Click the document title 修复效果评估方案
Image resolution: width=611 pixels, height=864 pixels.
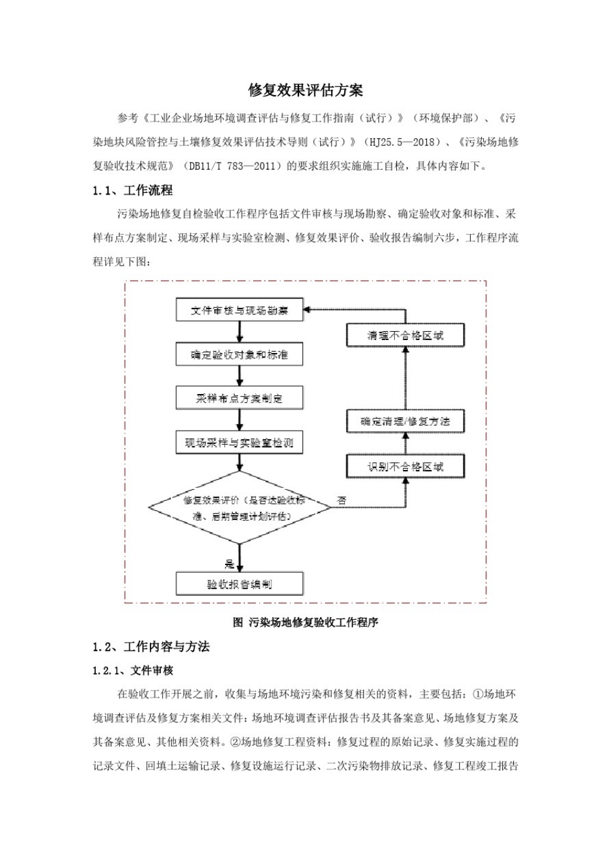305,90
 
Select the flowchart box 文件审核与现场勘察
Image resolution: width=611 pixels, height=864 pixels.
239,310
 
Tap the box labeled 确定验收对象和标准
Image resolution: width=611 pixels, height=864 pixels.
239,355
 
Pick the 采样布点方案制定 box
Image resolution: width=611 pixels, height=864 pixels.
239,399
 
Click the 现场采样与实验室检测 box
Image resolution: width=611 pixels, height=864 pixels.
239,442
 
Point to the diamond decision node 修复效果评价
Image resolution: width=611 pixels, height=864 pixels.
239,508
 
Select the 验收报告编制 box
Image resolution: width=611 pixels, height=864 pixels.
239,584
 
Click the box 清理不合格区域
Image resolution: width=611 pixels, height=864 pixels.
405,336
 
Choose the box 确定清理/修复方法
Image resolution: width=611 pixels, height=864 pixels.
405,422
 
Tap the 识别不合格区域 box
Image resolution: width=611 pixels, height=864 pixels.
405,467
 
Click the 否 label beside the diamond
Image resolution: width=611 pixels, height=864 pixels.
342,500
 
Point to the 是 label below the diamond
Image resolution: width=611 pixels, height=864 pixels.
230,564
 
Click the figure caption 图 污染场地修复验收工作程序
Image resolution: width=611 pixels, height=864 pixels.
305,622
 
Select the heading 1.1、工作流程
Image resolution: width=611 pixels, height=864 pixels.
132,190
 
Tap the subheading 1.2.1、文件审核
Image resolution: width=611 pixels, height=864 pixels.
133,670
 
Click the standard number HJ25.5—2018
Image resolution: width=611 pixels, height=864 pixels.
403,142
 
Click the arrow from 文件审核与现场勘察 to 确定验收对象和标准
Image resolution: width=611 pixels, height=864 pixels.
240,332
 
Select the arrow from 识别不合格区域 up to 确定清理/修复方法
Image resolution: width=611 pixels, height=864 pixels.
405,444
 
